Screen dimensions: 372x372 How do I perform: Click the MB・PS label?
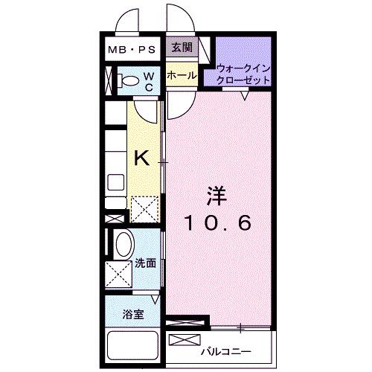click(132, 50)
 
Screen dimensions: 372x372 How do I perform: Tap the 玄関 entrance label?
click(182, 47)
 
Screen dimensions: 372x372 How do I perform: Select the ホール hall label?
click(182, 75)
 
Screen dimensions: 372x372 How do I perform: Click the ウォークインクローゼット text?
click(243, 74)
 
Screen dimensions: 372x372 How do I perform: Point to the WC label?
click(149, 82)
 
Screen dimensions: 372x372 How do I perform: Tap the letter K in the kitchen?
click(141, 158)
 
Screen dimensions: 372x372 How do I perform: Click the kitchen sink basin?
click(115, 182)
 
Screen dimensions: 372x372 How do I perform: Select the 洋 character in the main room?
click(217, 196)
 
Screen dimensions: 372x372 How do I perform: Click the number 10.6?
click(218, 222)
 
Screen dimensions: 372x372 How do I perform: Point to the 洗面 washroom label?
click(146, 263)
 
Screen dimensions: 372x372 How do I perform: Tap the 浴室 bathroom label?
click(133, 315)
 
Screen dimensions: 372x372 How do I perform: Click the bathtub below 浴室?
click(132, 346)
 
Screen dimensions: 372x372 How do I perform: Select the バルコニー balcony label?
click(226, 351)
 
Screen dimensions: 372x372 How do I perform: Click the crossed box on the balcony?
click(185, 339)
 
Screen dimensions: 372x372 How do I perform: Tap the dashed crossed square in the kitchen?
click(144, 210)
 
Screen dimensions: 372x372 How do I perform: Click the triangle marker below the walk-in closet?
click(245, 96)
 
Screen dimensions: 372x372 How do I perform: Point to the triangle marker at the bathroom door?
click(155, 300)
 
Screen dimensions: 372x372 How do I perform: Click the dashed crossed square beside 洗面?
click(119, 275)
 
